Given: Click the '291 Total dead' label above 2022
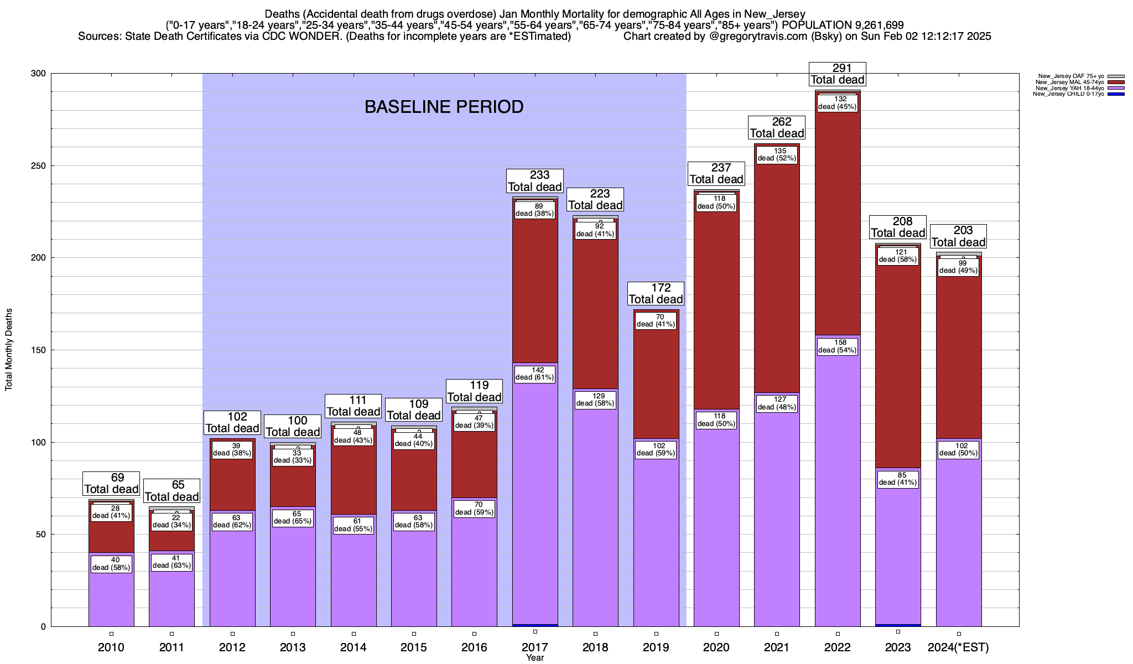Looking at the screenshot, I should pyautogui.click(x=838, y=74).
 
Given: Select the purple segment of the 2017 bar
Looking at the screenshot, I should pyautogui.click(x=535, y=498).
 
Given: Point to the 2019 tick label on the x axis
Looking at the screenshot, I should pyautogui.click(x=656, y=647).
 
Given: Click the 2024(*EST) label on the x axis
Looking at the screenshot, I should pyautogui.click(x=958, y=647).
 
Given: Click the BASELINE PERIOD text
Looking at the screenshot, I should pyautogui.click(x=444, y=107).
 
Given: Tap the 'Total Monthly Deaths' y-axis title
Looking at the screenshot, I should pyautogui.click(x=9, y=350).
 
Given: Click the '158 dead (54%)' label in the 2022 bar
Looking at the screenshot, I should pyautogui.click(x=838, y=346).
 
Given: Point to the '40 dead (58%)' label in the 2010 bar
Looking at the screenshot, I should pyautogui.click(x=111, y=564).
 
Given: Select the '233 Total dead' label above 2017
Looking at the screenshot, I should pyautogui.click(x=535, y=181).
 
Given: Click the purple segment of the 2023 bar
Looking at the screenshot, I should pyautogui.click(x=898, y=553).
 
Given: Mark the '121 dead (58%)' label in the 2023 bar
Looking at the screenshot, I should pyautogui.click(x=898, y=256).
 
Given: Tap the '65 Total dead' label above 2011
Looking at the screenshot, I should pyautogui.click(x=171, y=491).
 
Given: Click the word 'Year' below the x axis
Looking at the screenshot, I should pyautogui.click(x=535, y=658).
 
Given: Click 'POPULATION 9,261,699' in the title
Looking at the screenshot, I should pyautogui.click(x=843, y=25).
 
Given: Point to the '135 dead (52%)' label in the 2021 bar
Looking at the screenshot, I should pyautogui.click(x=777, y=154).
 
